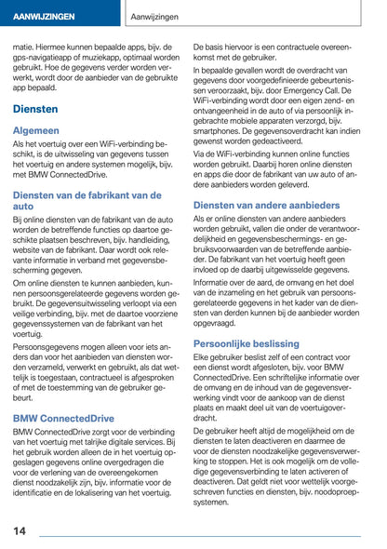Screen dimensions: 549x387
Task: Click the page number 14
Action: (20, 530)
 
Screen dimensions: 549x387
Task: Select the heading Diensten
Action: (36, 109)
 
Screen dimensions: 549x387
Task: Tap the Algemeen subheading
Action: (36, 131)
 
